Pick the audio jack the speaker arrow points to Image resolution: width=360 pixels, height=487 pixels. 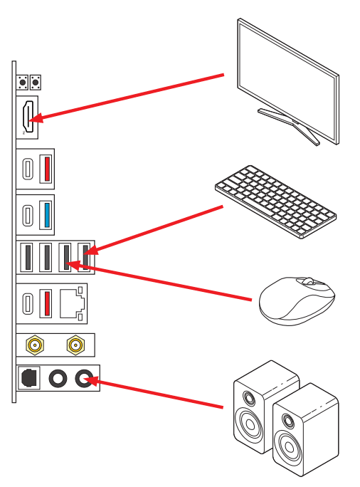[85, 379]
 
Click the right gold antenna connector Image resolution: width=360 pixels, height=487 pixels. [74, 346]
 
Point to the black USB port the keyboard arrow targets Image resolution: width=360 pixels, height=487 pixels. [85, 257]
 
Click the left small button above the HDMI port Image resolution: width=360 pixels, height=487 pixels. [23, 83]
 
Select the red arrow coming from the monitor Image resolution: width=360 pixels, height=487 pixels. [128, 95]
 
